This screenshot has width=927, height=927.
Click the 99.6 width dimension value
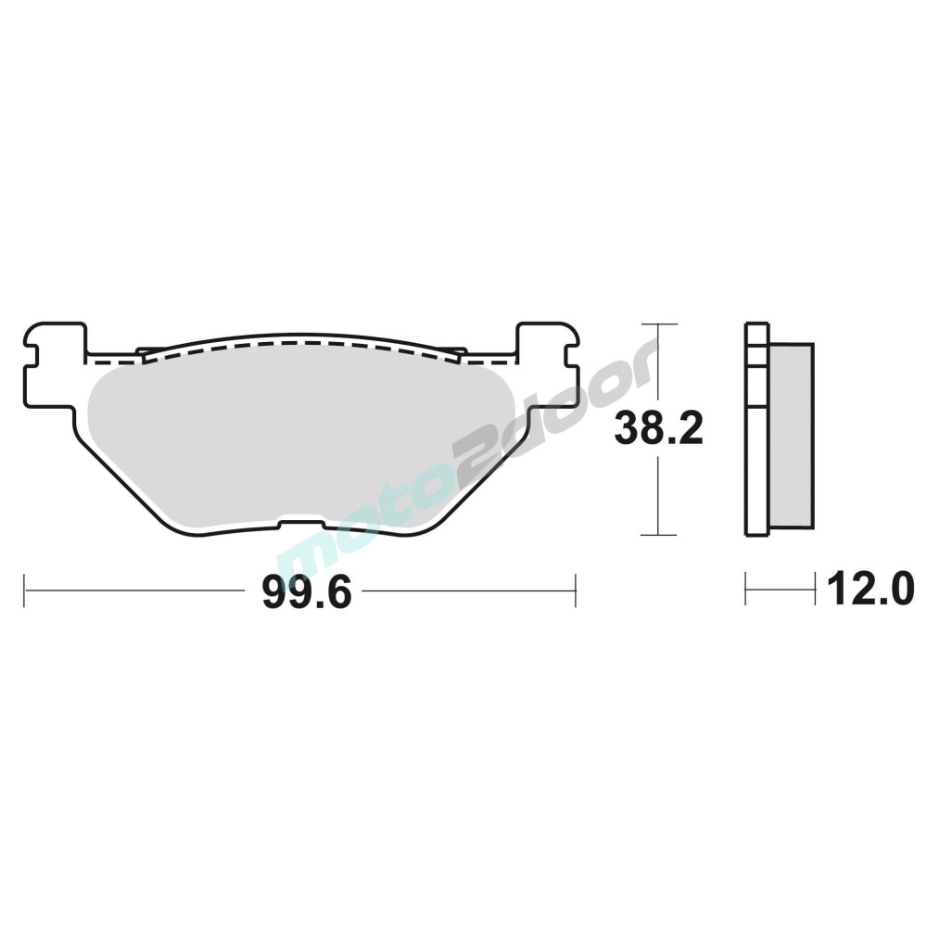click(x=307, y=592)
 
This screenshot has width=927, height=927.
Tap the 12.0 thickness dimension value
click(x=870, y=590)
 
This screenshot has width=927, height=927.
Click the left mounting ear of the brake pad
click(x=53, y=364)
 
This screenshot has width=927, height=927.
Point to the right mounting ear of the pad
click(x=548, y=364)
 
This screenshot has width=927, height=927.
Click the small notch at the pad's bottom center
click(x=301, y=524)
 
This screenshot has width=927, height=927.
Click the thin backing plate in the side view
click(x=757, y=429)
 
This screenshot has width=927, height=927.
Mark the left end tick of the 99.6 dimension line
click(x=24, y=590)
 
